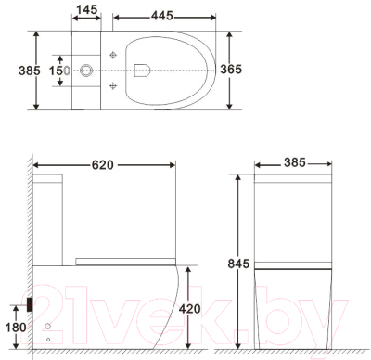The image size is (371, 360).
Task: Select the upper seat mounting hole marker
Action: tap(113, 54)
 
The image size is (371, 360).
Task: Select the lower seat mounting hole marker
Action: tap(113, 85)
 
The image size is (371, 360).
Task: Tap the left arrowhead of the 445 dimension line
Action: tap(114, 18)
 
